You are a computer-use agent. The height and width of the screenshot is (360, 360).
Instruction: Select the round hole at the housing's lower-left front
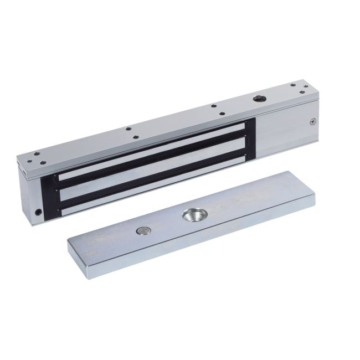pos(38,212)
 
